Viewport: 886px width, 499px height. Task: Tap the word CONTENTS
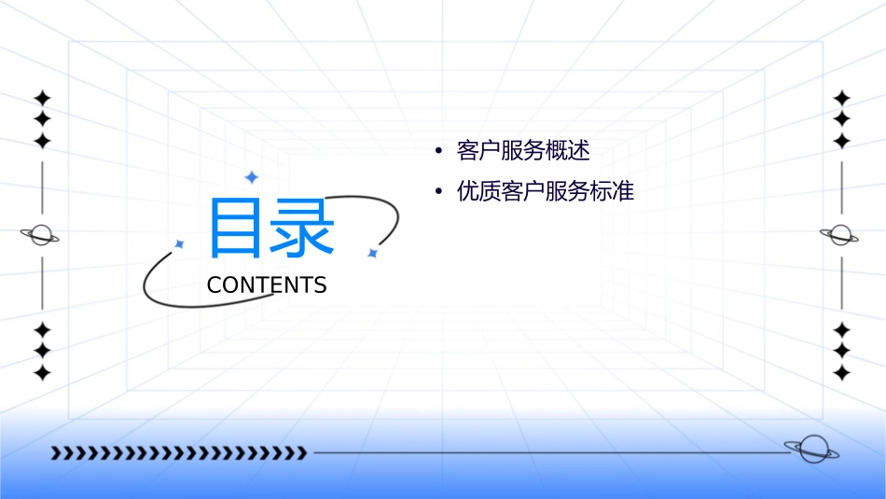[267, 285]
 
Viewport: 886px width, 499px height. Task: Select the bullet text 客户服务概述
[523, 150]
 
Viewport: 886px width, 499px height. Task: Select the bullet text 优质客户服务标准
[546, 192]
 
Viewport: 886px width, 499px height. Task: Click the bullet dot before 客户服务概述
[438, 151]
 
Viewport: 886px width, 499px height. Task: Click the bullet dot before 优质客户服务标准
[438, 193]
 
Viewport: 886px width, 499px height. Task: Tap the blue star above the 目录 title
[250, 176]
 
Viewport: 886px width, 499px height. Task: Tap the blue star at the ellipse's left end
[180, 243]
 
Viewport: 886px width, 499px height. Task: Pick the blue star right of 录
[371, 253]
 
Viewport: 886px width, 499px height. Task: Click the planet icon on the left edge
[41, 235]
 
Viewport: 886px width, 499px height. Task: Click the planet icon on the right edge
[840, 235]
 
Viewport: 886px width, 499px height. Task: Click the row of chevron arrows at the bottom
[178, 453]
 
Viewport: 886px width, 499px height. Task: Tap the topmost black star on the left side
[42, 98]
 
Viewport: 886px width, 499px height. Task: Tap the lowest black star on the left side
[42, 372]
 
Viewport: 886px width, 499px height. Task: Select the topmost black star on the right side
[841, 98]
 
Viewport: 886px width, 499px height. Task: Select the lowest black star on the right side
[841, 372]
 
